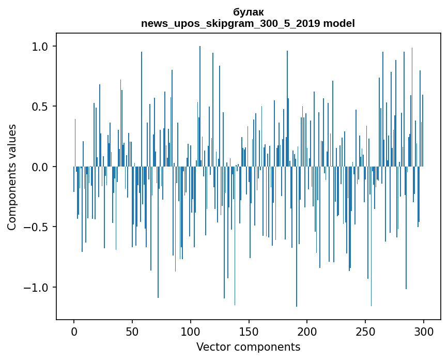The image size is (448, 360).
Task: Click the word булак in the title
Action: click(x=248, y=12)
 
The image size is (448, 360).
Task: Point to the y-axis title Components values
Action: click(x=12, y=177)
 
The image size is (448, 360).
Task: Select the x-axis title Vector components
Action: click(x=248, y=347)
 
